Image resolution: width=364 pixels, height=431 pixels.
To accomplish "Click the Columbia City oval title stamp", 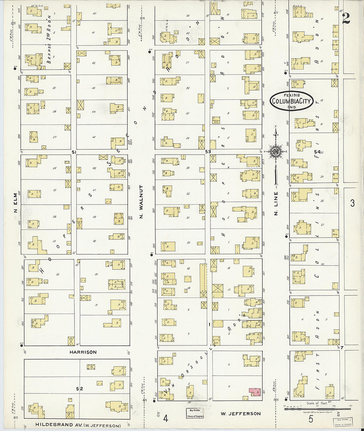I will click(291, 101).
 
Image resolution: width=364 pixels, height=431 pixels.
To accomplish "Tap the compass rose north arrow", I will click(275, 152).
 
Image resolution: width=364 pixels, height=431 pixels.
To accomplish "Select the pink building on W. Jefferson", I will click(255, 391).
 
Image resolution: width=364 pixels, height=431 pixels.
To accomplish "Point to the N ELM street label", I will click(16, 202).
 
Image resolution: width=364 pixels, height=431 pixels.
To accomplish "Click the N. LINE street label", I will click(276, 203).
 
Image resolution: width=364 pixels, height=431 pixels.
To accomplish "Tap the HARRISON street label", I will click(83, 352).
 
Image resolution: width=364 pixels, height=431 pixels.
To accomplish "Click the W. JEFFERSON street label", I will click(241, 413).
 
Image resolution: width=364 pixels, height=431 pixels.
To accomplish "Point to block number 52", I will click(79, 389).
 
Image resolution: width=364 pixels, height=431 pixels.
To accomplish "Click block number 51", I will click(74, 152).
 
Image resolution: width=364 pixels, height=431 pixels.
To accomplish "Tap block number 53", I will click(208, 152).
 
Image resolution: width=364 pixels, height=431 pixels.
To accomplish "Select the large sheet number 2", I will click(346, 18).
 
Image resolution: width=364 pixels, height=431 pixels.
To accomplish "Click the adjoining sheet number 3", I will click(352, 203).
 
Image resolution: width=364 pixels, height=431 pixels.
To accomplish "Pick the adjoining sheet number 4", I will click(165, 418).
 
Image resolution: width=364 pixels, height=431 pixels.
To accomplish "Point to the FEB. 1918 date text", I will click(292, 95).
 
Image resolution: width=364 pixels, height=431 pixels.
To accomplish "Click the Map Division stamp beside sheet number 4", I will click(194, 413).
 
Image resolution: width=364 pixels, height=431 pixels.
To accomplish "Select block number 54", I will click(317, 152).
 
